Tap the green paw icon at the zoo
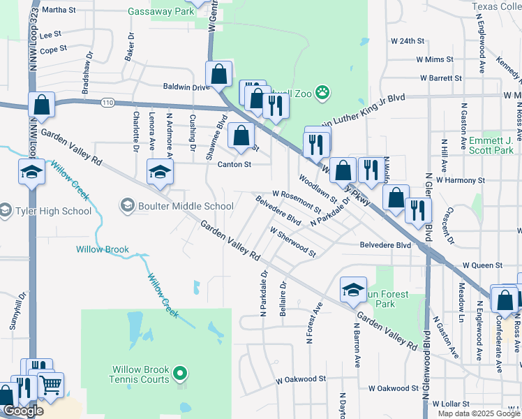322,91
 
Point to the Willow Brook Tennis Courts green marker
181,376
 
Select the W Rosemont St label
297,200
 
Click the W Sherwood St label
292,241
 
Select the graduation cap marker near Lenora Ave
160,172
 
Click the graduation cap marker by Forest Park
353,289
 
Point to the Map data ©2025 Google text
479,413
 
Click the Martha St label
59,10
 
